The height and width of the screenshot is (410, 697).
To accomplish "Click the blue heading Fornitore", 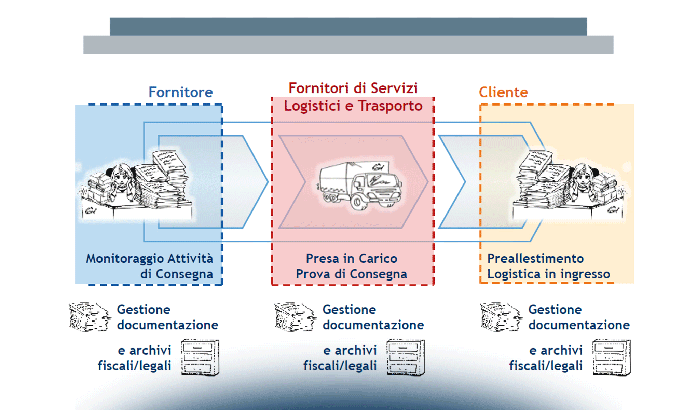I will (180, 92).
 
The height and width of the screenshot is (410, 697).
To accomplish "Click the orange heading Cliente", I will (503, 92).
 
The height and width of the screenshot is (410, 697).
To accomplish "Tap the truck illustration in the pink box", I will (359, 184).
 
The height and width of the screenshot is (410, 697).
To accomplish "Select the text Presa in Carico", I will (351, 259).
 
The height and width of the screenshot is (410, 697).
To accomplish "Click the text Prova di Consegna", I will (351, 274).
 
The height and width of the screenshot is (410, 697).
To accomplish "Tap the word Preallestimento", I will (535, 259).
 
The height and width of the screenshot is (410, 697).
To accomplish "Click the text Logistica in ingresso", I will (548, 274).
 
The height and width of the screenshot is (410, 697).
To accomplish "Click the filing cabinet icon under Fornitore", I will (200, 357).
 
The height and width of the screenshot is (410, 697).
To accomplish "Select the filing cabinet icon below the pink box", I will (406, 357).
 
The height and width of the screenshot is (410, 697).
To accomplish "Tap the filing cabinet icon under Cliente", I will (612, 357).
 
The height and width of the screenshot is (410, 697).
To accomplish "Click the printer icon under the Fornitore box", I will (90, 317).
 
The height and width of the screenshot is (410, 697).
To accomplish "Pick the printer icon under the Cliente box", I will (501, 317).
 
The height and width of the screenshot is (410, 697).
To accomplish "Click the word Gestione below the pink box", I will (349, 310).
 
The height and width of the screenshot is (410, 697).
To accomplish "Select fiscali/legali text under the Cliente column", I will (546, 366).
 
